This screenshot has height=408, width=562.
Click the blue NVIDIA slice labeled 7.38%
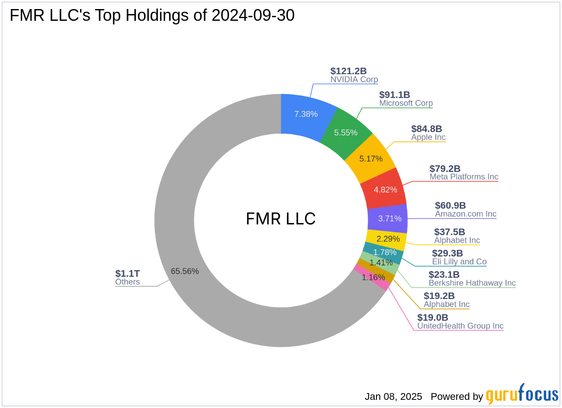[x=306, y=114]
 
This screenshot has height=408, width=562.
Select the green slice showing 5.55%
[x=346, y=133]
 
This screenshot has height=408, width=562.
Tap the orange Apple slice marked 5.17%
[x=371, y=159]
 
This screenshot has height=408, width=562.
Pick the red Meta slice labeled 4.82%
[x=385, y=190]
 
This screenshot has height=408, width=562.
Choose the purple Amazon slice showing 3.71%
[x=390, y=218]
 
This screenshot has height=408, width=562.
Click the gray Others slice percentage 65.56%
[x=185, y=271]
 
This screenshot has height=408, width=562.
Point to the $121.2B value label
[x=348, y=71]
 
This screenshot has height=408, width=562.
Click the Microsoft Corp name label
[x=405, y=103]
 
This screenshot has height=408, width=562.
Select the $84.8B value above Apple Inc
[x=426, y=128]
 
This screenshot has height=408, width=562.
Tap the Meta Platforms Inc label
[x=463, y=177]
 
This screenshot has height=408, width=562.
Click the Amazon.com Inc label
[x=465, y=214]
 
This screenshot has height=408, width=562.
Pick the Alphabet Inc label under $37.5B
[x=457, y=240]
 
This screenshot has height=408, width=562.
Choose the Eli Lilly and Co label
[x=459, y=261]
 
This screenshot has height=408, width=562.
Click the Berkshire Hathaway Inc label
[x=472, y=283]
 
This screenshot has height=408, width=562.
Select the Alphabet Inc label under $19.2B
[x=446, y=304]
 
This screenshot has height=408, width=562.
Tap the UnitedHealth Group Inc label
[x=460, y=326]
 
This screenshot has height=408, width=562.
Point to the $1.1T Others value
[x=128, y=273]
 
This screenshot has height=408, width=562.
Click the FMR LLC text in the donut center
[x=281, y=219]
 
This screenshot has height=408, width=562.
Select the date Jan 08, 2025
[x=393, y=397]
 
